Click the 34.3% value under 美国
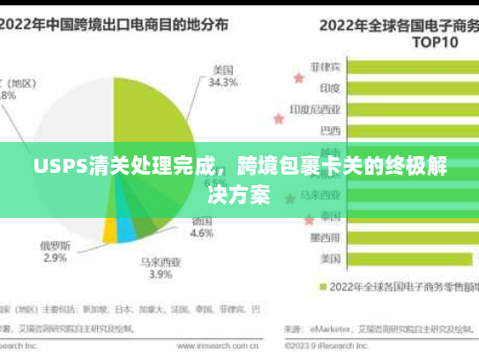[x=222, y=83]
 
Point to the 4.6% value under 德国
[x=202, y=234]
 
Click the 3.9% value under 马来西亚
[x=160, y=274]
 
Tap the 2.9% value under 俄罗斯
[x=55, y=258]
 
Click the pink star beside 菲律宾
[x=298, y=78]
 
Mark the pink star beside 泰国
[x=308, y=218]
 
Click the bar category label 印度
[x=330, y=87]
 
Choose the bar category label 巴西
[x=330, y=131]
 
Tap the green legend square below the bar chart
[x=322, y=287]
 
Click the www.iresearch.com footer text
[x=184, y=346]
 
